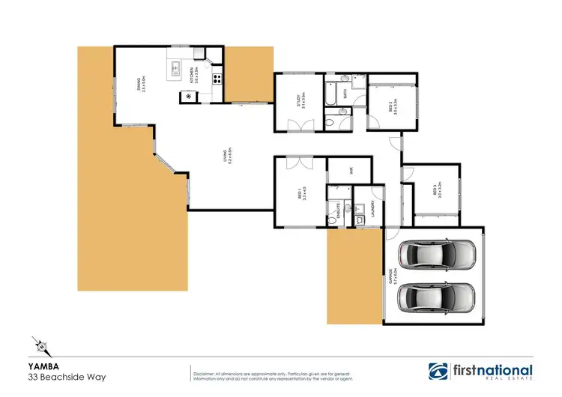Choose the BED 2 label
pyautogui.click(x=390, y=107)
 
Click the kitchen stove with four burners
pyautogui.click(x=217, y=77)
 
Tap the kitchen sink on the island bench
pyautogui.click(x=177, y=69)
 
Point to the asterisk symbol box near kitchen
pyautogui.click(x=188, y=96)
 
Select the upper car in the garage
pyautogui.click(x=437, y=255)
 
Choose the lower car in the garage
pyautogui.click(x=437, y=298)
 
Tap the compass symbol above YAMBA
pyautogui.click(x=45, y=347)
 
